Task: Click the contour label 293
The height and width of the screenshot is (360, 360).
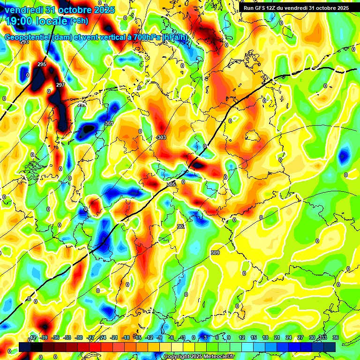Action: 24,42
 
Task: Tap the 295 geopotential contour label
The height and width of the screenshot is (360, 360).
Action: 42,64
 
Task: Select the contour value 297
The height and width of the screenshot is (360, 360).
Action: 60,85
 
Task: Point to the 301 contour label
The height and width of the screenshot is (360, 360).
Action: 109,123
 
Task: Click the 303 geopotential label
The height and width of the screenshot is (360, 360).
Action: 162,137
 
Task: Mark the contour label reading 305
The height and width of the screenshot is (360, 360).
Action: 171,184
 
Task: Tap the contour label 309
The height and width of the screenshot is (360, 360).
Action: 215,253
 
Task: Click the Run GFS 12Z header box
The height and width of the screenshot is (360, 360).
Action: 296,8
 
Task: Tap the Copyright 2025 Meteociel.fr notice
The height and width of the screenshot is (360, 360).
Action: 199,357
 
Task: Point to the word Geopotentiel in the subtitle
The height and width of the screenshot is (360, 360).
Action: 28,37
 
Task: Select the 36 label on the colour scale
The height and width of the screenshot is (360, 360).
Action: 336,337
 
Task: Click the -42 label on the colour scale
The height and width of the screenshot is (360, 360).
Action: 32,337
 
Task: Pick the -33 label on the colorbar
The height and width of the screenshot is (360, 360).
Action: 67,337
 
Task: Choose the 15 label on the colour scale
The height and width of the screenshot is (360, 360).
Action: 253,337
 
